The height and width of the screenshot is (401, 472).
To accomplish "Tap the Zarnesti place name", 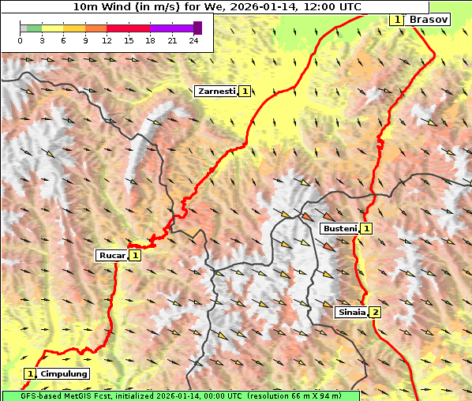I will [216, 92].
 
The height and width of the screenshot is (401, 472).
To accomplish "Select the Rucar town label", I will [111, 255].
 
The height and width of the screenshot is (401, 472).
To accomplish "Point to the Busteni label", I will [339, 228].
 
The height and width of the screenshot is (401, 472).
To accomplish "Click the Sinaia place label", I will [351, 312].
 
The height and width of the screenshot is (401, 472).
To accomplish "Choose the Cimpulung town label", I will [64, 373].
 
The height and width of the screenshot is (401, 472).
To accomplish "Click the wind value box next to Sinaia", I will [376, 312].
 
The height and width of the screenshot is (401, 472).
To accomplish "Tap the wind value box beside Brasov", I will [397, 19].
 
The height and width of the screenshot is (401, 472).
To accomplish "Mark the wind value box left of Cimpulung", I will [30, 373].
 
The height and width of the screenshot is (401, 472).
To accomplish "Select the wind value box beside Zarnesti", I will [245, 92].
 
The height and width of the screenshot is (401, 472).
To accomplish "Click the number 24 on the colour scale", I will [194, 40].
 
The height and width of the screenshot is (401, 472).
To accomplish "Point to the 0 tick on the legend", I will [20, 40].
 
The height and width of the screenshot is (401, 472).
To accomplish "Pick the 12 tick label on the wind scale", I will [107, 40].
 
